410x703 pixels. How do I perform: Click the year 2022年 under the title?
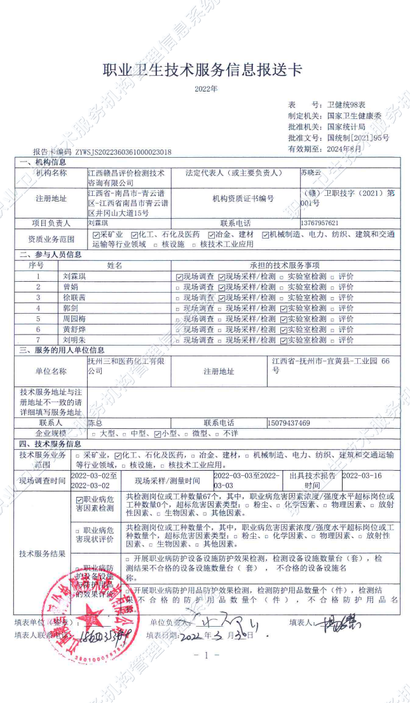pos(206,89)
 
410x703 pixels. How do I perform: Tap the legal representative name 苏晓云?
pos(311,172)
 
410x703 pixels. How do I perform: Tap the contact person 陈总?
pos(95,422)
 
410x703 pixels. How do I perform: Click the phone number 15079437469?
pos(289,422)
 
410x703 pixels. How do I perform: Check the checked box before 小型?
pos(158,433)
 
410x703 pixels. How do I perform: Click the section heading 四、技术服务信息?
pos(50,443)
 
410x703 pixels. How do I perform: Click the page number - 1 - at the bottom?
pos(205,655)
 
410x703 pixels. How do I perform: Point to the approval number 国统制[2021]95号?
pos(358,137)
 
